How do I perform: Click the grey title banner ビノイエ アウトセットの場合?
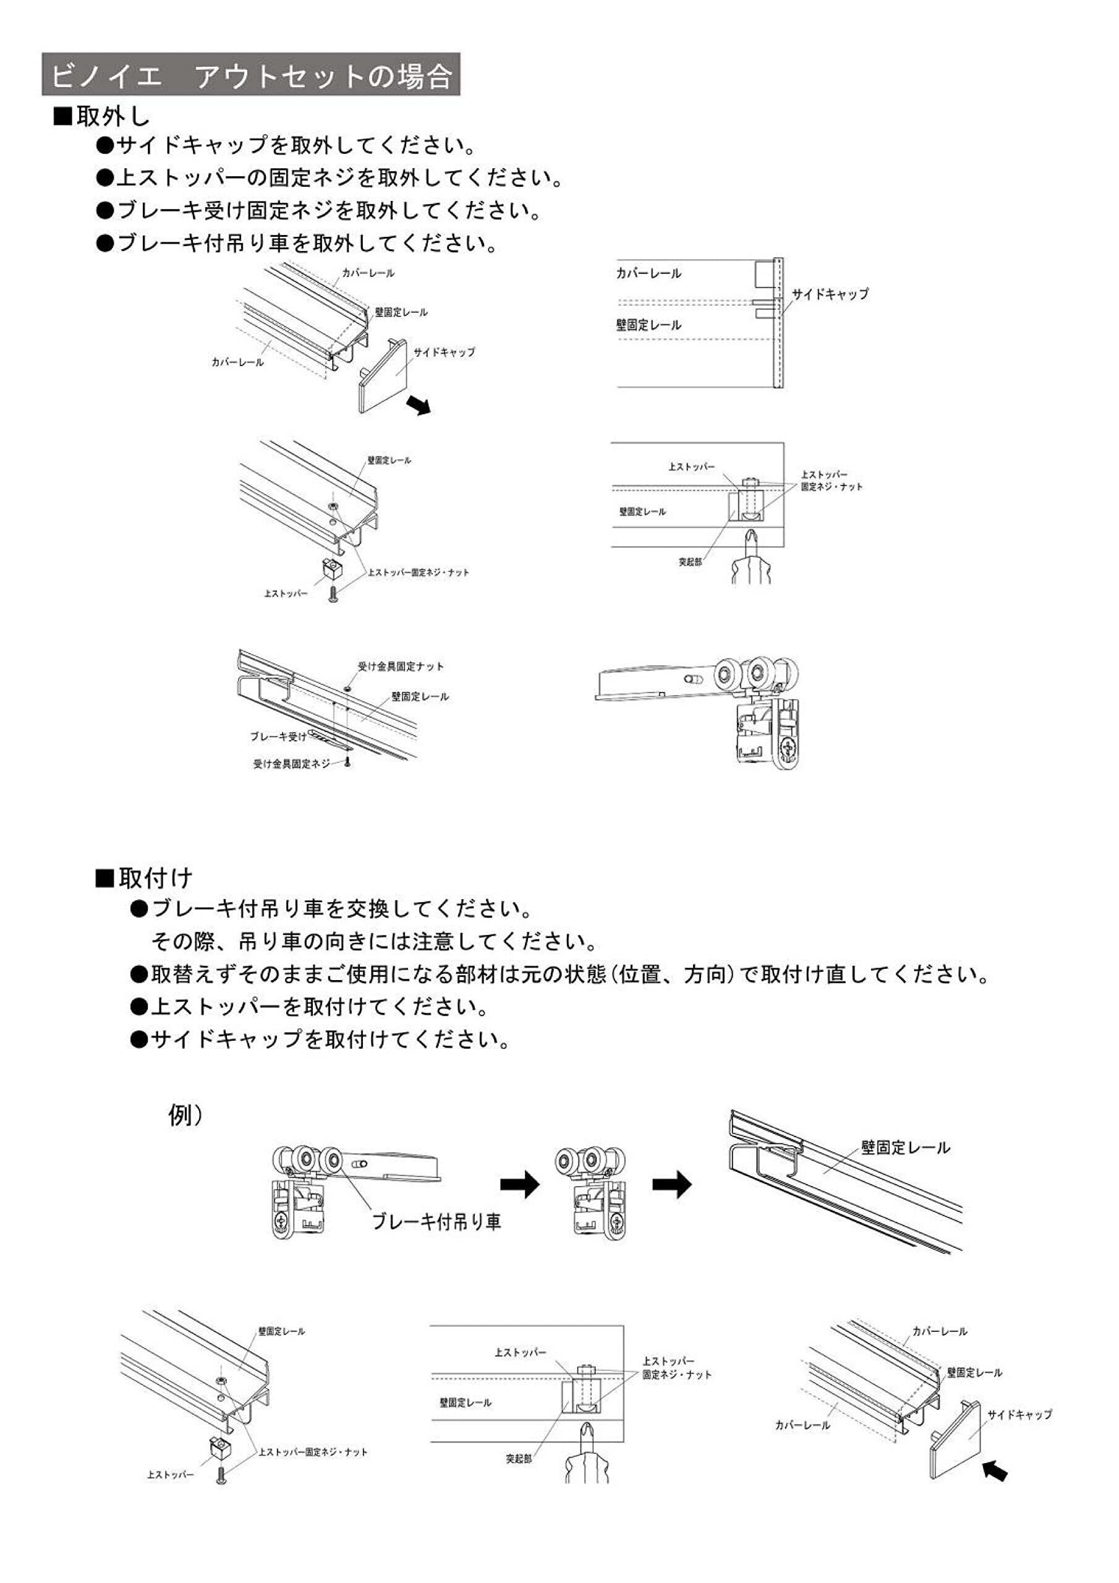(x=251, y=74)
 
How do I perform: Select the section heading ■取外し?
(x=102, y=116)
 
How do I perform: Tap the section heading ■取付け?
(x=144, y=877)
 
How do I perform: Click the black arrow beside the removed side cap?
(x=419, y=404)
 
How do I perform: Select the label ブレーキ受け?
(x=277, y=736)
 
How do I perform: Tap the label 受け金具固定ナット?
(x=400, y=667)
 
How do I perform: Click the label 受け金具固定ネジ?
(x=292, y=764)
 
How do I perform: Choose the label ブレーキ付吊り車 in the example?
(x=436, y=1222)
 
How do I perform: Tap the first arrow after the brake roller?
(x=520, y=1185)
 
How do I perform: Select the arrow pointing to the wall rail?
(x=671, y=1185)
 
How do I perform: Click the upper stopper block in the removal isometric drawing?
(x=333, y=569)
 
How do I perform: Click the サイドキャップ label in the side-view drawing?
(x=830, y=294)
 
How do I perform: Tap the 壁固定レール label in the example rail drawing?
(x=905, y=1147)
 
